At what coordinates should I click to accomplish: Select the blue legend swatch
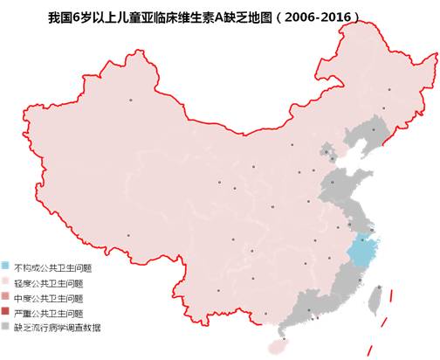click(x=7, y=266)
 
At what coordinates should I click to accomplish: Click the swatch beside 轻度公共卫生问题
click(x=7, y=281)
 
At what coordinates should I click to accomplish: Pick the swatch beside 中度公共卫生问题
click(x=7, y=297)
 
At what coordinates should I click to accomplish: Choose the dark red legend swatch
click(x=7, y=312)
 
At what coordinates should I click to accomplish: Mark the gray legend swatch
click(x=7, y=327)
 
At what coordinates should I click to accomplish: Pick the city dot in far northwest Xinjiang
click(x=132, y=100)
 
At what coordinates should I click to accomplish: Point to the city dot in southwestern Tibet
click(x=128, y=234)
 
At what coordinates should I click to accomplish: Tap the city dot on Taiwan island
click(x=377, y=288)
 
